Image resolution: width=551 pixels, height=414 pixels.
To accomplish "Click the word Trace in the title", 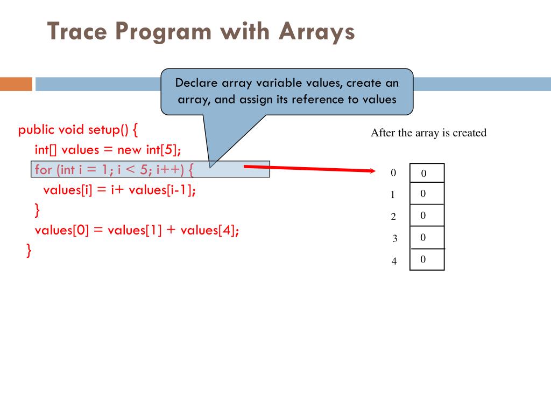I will [75, 31].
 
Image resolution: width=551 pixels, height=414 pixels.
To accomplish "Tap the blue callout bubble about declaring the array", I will [287, 92].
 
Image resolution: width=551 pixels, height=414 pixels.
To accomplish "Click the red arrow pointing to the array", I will [309, 169].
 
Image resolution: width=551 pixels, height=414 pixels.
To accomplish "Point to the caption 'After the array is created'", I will [428, 133].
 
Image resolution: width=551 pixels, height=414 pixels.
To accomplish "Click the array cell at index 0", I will [427, 173].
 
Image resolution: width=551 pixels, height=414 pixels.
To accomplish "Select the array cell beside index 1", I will [427, 194].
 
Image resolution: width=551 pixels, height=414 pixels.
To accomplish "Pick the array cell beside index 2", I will [427, 215].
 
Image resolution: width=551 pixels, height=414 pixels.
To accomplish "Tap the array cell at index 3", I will [427, 237].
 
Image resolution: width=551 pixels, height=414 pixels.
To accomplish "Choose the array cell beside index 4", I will [427, 259].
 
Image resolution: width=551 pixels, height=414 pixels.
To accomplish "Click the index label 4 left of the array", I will [394, 261].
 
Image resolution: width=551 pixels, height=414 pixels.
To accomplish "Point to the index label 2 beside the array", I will [393, 217].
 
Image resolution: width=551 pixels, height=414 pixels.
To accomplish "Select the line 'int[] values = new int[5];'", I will [108, 149].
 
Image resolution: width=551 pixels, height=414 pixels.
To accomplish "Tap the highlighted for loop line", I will [114, 169].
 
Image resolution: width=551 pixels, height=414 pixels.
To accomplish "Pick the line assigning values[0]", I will [137, 230].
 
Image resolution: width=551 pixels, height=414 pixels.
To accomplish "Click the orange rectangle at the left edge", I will [16, 84].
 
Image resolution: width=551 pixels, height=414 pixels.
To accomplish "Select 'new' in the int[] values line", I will [131, 149].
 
